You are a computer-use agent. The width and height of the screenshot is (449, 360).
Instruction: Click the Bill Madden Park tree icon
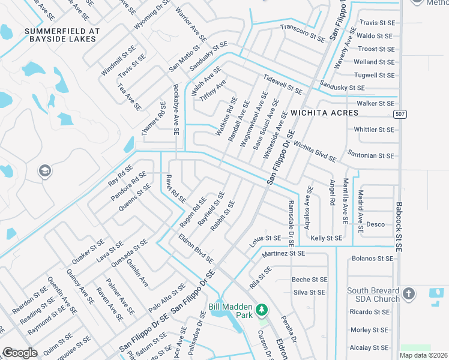click(x=261, y=310)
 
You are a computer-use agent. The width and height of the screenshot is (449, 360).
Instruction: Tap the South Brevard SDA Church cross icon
click(x=409, y=294)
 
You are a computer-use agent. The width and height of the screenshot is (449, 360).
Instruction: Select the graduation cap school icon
click(x=44, y=172)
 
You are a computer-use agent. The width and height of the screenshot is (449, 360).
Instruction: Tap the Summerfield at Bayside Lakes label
click(x=60, y=35)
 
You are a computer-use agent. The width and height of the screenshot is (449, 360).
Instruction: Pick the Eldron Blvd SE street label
click(x=196, y=248)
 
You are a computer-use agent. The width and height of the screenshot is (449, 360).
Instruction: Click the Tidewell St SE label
click(x=283, y=84)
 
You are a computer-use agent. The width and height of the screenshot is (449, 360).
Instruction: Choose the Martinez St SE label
click(x=283, y=254)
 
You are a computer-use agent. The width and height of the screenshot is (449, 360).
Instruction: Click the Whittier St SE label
click(x=375, y=129)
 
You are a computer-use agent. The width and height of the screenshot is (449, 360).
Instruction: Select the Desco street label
click(x=375, y=224)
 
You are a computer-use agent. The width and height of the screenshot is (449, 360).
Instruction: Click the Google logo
click(x=20, y=353)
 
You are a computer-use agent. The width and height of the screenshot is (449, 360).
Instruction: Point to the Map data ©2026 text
click(x=423, y=355)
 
